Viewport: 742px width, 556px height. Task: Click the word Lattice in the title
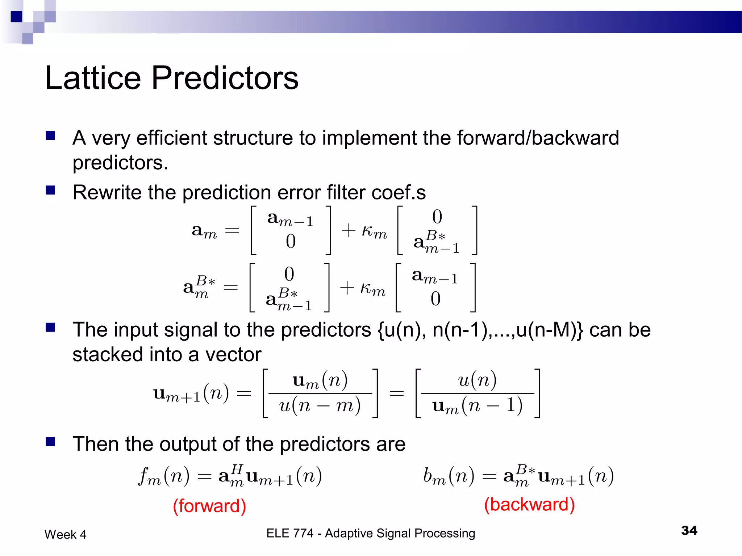click(x=93, y=78)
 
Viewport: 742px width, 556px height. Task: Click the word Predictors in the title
click(x=225, y=78)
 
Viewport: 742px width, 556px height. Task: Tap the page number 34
click(x=689, y=530)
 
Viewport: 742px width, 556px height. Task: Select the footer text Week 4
click(x=65, y=535)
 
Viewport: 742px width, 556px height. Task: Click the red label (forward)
click(x=209, y=506)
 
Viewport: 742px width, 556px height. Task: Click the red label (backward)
click(x=529, y=505)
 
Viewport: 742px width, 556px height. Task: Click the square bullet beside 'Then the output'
click(x=50, y=442)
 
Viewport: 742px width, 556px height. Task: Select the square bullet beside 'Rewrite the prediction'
click(x=50, y=190)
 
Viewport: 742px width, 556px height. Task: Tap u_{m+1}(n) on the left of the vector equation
click(x=191, y=394)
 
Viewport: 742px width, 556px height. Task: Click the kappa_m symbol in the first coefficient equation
click(x=374, y=231)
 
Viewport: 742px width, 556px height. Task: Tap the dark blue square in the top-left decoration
click(x=16, y=17)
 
